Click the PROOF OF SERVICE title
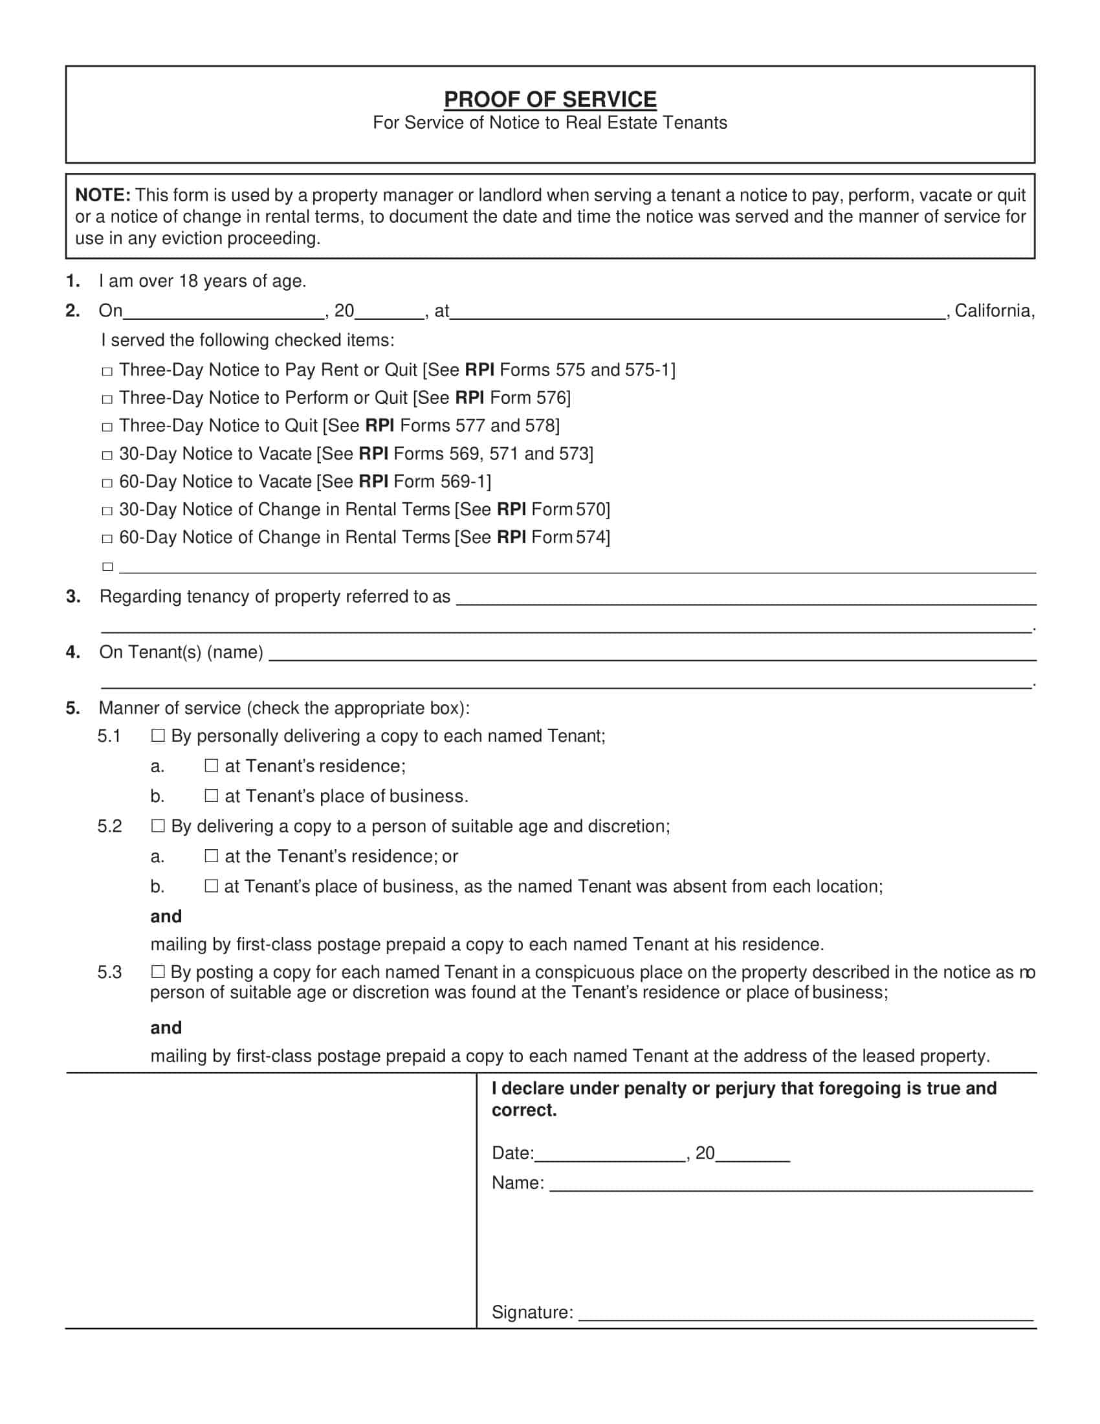click(x=550, y=99)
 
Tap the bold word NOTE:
click(x=103, y=195)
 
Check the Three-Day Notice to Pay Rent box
click(x=107, y=372)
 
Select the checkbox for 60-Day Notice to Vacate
click(x=107, y=483)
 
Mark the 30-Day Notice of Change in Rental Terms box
click(x=107, y=511)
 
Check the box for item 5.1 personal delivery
click(x=158, y=735)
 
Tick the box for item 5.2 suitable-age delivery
click(x=158, y=825)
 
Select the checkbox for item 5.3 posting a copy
click(x=158, y=972)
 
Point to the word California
click(x=994, y=311)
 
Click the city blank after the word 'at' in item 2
click(x=698, y=313)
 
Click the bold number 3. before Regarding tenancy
click(x=73, y=597)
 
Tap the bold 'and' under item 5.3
click(x=166, y=1028)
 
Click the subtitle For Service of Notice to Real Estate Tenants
click(x=550, y=123)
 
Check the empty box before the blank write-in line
click(x=107, y=566)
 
